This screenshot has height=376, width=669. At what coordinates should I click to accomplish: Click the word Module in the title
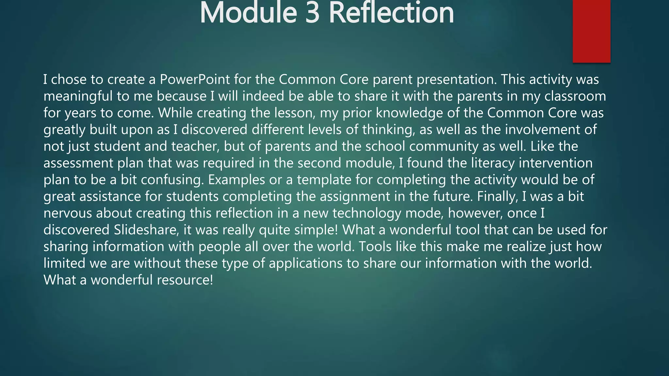click(248, 13)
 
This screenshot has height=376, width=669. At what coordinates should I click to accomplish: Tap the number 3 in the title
click(312, 13)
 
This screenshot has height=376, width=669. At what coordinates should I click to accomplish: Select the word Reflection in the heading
click(391, 13)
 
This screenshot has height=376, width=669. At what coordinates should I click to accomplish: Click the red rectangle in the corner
click(591, 31)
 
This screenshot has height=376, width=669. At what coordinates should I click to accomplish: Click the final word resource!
click(185, 280)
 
